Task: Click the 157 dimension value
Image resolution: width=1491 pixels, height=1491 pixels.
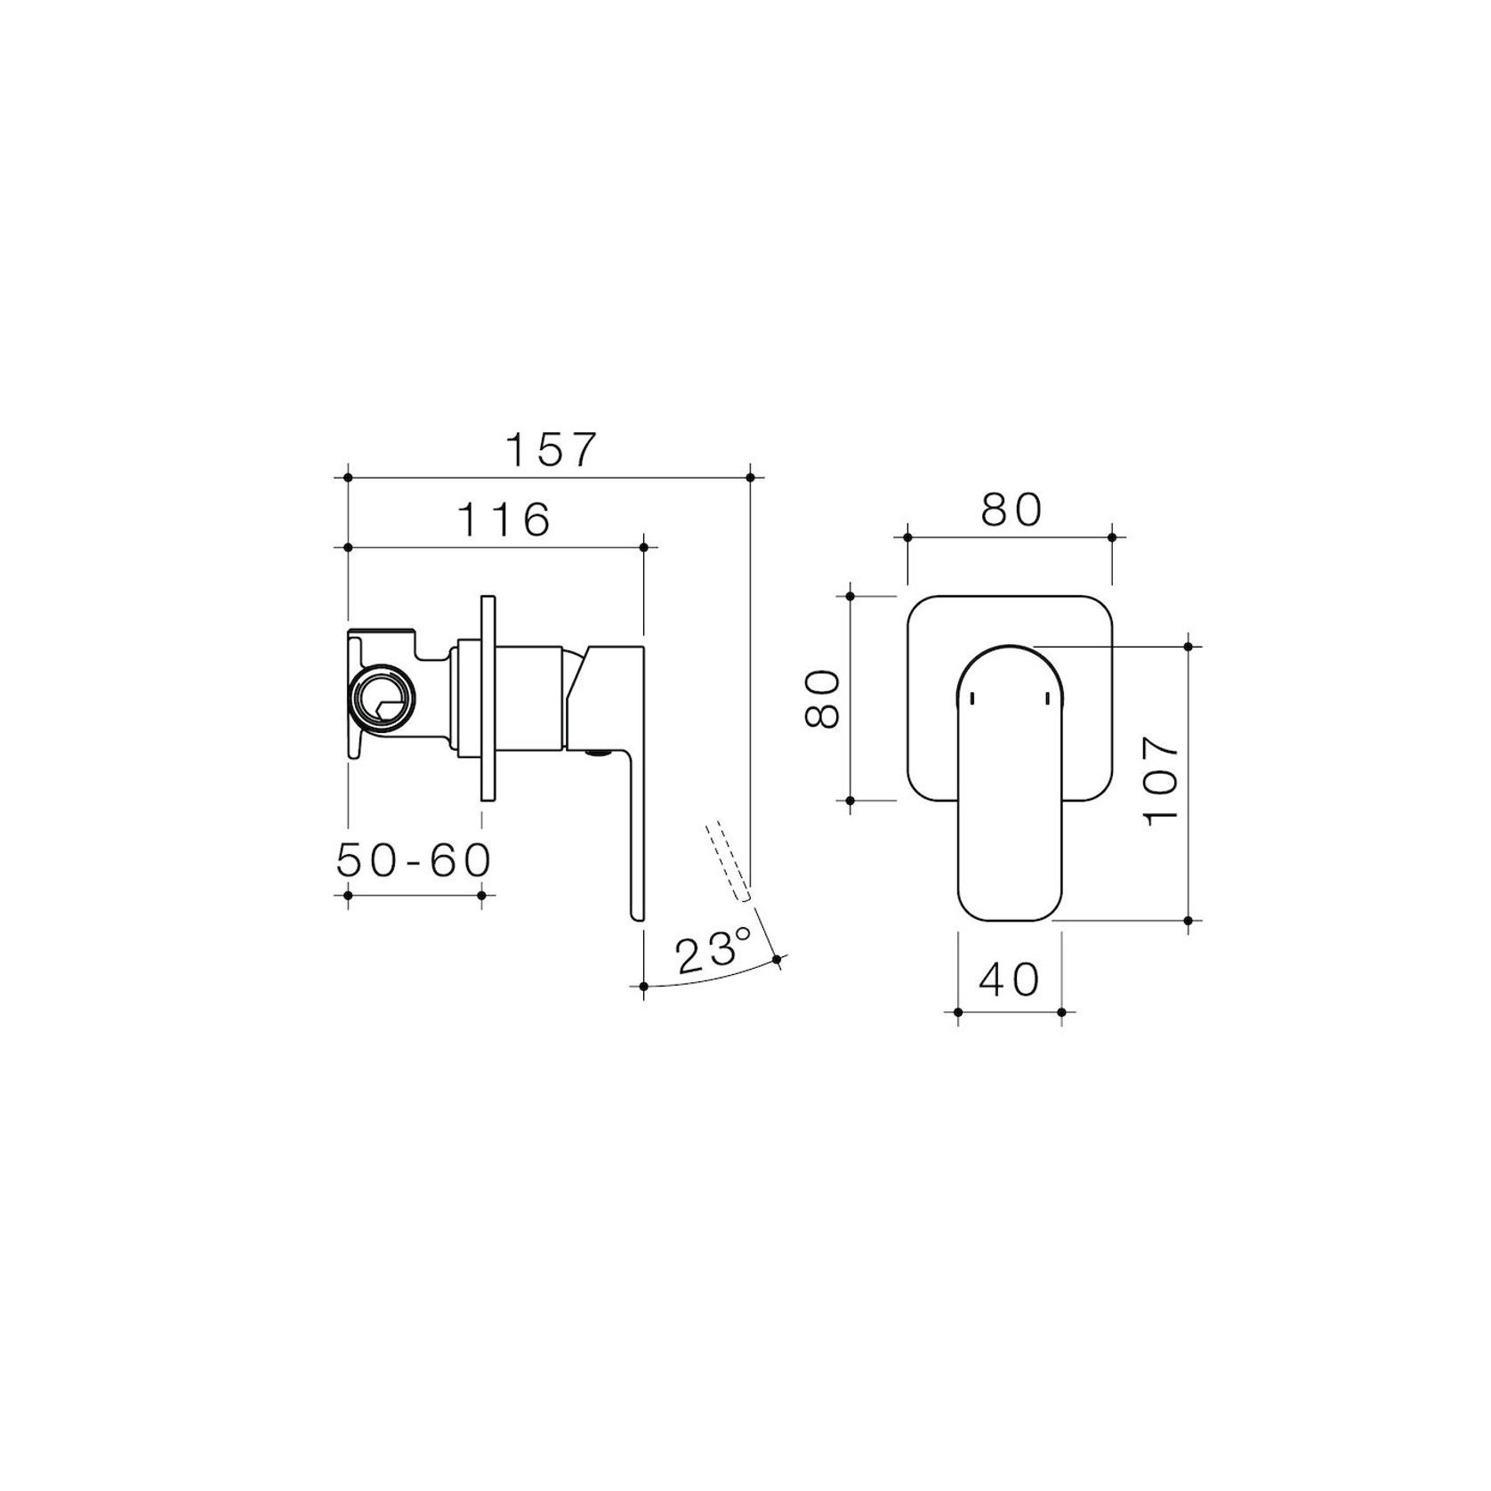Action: pyautogui.click(x=549, y=450)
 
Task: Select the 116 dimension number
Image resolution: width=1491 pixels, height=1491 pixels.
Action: pyautogui.click(x=504, y=520)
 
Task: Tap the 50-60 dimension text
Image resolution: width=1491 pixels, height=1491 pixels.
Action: pyautogui.click(x=414, y=860)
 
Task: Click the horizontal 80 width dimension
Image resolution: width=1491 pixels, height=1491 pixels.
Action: pyautogui.click(x=1011, y=510)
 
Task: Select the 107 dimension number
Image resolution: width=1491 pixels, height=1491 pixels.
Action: pyautogui.click(x=1162, y=780)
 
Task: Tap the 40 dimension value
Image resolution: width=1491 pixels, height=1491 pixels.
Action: pyautogui.click(x=1009, y=980)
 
